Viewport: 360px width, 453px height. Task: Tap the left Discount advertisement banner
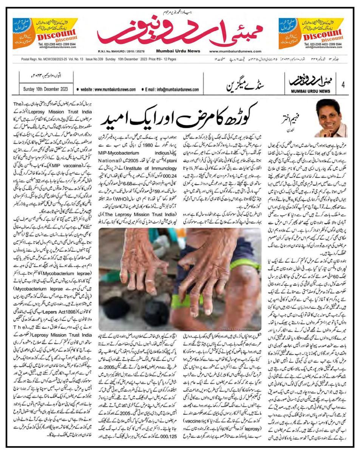pyautogui.click(x=45, y=33)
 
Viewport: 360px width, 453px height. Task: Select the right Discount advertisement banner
pyautogui.click(x=314, y=33)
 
